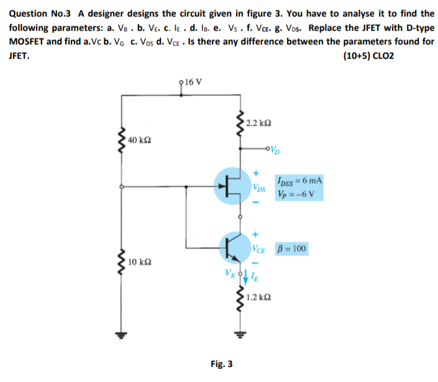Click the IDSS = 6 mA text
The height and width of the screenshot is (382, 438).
tap(301, 180)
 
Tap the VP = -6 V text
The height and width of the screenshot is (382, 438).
tap(299, 191)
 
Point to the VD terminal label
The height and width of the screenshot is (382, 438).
tap(278, 148)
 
